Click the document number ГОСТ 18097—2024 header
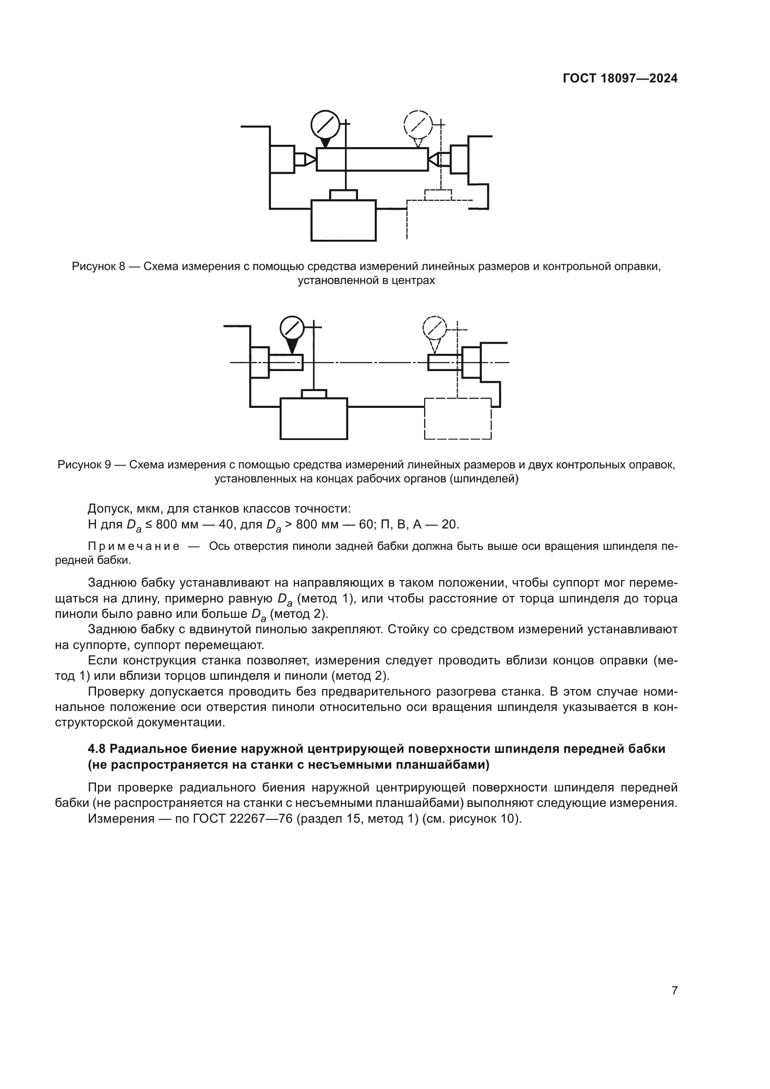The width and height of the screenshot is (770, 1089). tap(620, 79)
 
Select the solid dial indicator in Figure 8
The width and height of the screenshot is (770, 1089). tap(325, 124)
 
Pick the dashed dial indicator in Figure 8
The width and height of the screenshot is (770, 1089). tap(418, 124)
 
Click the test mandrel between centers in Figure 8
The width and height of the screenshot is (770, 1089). tap(372, 159)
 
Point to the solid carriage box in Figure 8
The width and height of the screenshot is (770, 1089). tap(343, 221)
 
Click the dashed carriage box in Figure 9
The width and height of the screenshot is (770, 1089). tap(458, 419)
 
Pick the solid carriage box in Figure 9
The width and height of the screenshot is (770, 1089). tap(314, 419)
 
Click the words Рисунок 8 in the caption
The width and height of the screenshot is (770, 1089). tap(98, 267)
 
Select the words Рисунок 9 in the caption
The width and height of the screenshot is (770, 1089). tap(84, 465)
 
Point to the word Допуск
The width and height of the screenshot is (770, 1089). tap(108, 509)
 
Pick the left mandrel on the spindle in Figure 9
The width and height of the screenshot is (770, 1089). tap(286, 362)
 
